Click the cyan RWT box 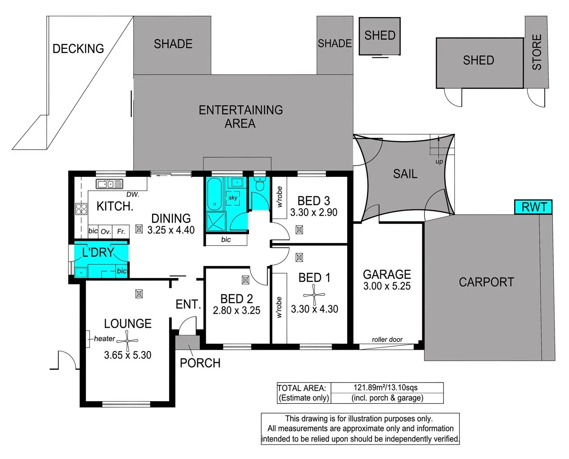(533, 207)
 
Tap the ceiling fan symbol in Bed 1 (314, 295)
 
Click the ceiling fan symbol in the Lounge (127, 341)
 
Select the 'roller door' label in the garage (387, 339)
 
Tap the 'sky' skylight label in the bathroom (233, 198)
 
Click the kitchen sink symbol (109, 184)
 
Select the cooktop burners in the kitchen (81, 209)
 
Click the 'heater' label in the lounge (105, 339)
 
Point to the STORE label (537, 52)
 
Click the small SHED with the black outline (379, 36)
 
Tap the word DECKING (78, 48)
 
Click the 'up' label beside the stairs (439, 161)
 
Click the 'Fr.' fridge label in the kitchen (121, 232)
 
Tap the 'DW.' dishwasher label (133, 195)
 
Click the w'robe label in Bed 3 (279, 197)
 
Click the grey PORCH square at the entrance (187, 343)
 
